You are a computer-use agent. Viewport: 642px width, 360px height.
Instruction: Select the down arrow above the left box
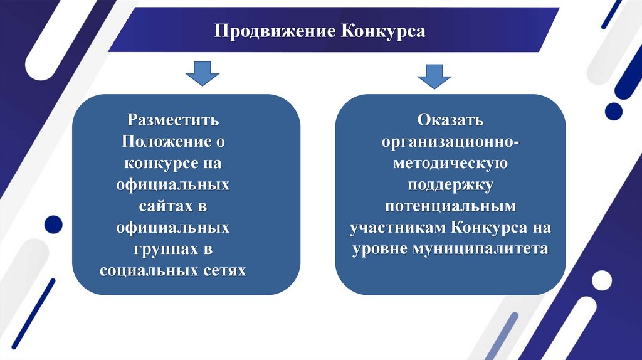tap(202, 73)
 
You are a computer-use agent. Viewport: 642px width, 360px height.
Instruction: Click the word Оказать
tap(450, 119)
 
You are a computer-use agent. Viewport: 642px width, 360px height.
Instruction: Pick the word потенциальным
tap(450, 206)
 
